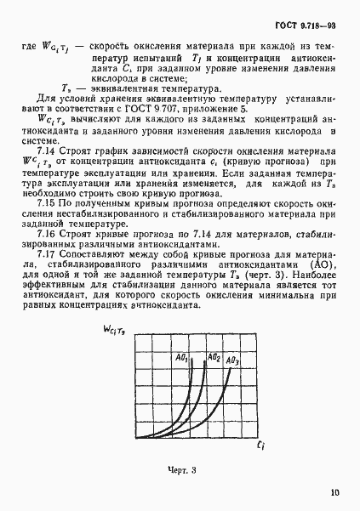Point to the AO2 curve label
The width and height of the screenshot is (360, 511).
215,335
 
